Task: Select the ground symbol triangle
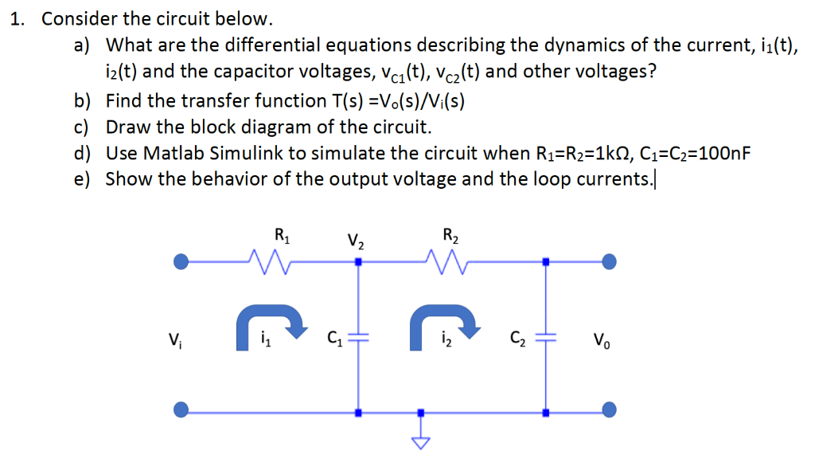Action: click(x=421, y=441)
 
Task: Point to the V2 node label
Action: click(x=356, y=238)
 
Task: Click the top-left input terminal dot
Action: click(x=181, y=260)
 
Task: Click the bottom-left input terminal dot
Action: click(x=181, y=411)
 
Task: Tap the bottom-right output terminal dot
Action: click(x=610, y=411)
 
